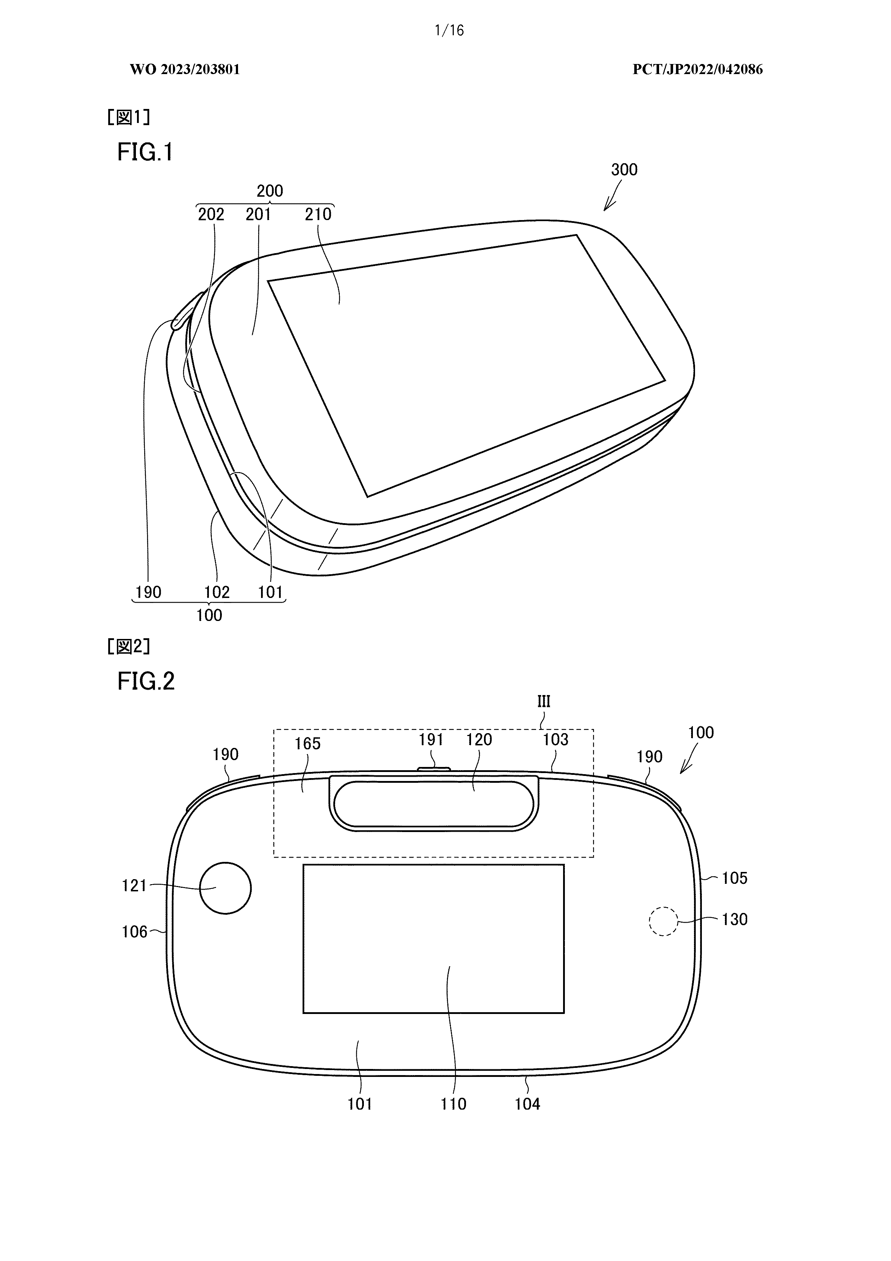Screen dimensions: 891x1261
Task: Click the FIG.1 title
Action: pos(145,152)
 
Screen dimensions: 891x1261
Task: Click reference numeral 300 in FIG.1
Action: pos(624,170)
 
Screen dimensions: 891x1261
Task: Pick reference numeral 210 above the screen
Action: pos(318,214)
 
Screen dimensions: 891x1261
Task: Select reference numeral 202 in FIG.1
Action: pos(211,214)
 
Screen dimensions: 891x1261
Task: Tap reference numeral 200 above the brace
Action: pos(270,191)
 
